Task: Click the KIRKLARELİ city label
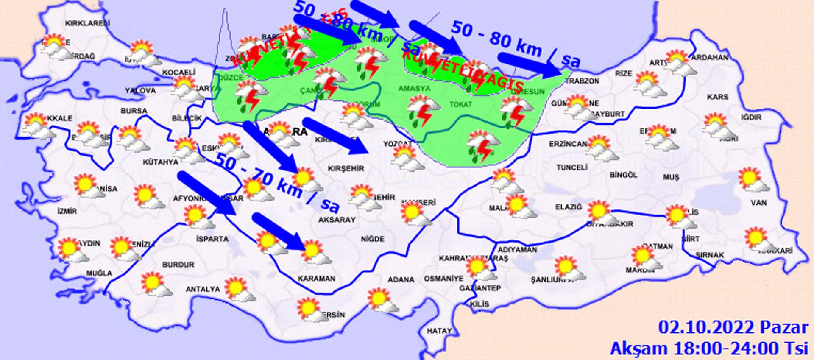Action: [88, 24]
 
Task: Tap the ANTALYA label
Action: [203, 290]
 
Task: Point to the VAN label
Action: [758, 203]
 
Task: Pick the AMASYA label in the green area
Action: [414, 89]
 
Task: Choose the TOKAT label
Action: [460, 104]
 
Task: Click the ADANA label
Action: [401, 279]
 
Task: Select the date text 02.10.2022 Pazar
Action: [733, 327]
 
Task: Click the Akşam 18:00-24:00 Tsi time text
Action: [709, 348]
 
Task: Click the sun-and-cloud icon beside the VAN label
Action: [753, 181]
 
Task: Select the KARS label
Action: [717, 97]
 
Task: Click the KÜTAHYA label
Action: [160, 162]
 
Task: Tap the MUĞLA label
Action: [99, 273]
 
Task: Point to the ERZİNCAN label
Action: [568, 144]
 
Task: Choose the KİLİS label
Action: [479, 304]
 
